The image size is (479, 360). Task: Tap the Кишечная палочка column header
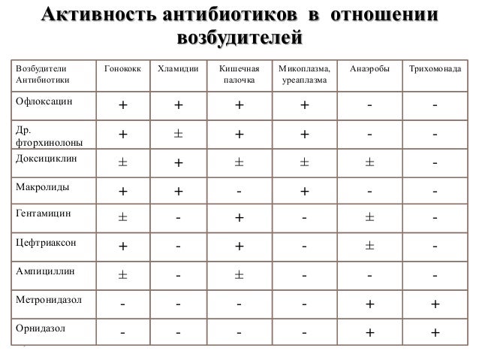coord(239,74)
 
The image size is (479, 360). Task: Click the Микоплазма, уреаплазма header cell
coord(304,74)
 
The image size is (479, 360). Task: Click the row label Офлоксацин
coord(44,101)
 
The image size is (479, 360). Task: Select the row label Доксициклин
coord(46,159)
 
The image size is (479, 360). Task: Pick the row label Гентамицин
coord(44,213)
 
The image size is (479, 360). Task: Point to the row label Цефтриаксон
coord(46,244)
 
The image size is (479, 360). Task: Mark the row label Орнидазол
coord(41,328)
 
